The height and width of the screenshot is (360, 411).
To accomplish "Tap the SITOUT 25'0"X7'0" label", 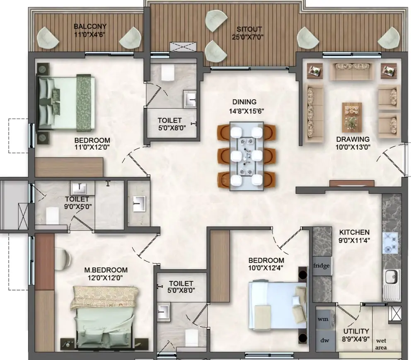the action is pyautogui.click(x=247, y=33).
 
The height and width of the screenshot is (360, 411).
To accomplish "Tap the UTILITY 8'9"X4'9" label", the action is pyautogui.click(x=356, y=335).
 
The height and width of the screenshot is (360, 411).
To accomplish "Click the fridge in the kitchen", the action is pyautogui.click(x=322, y=266).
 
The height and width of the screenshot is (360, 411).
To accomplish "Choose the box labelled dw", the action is pyautogui.click(x=325, y=341).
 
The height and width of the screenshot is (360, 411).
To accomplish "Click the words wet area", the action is pyautogui.click(x=381, y=344).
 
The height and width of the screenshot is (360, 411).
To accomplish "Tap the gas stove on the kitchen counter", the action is pyautogui.click(x=390, y=244).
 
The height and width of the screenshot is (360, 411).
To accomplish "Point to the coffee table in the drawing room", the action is pyautogui.click(x=352, y=117).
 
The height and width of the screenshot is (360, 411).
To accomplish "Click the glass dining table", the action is pyautogui.click(x=247, y=156).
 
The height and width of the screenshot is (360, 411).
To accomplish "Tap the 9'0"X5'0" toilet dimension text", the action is pyautogui.click(x=78, y=206).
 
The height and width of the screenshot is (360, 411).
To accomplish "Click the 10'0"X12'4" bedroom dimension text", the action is pyautogui.click(x=266, y=268).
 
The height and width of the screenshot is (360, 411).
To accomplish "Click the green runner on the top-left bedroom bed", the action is pyautogui.click(x=84, y=103).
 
